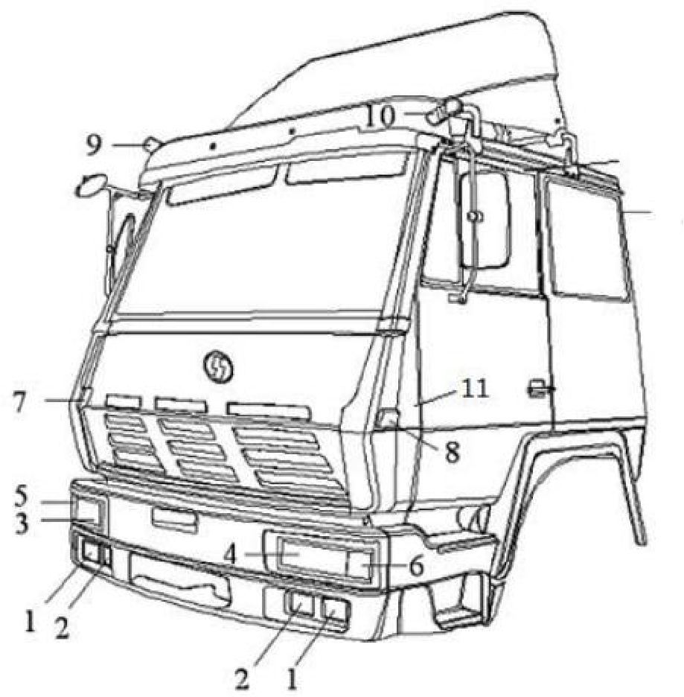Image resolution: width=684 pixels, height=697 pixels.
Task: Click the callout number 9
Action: (93, 146)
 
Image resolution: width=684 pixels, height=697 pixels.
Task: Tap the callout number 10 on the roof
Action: (380, 116)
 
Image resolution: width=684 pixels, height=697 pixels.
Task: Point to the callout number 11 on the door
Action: (475, 388)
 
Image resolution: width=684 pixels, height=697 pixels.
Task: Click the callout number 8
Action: (452, 453)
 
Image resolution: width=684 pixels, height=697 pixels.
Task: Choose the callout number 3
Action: (21, 523)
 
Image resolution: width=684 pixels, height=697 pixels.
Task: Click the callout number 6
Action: (416, 566)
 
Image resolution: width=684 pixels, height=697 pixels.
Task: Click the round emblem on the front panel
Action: (218, 366)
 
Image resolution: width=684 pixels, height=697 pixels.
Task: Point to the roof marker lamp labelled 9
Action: (152, 144)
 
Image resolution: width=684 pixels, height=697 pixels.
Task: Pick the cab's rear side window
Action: (586, 237)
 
